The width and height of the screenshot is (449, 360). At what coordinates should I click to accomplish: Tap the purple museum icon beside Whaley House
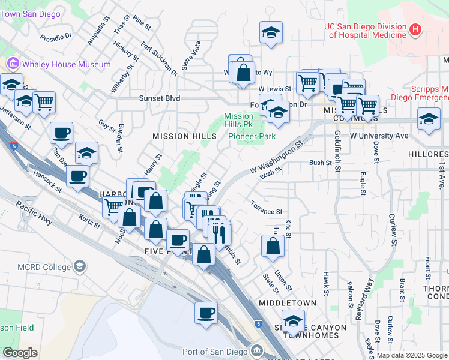(13, 64)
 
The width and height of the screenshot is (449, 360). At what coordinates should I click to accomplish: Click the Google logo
(20, 353)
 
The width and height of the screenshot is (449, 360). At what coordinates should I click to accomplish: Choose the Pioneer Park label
(252, 136)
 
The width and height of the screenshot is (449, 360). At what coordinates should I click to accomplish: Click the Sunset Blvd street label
(160, 98)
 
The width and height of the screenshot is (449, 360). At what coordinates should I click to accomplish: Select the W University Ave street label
(379, 136)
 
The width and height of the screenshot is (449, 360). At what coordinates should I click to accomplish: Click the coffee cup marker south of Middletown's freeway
(206, 313)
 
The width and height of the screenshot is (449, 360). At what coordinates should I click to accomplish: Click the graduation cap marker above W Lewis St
(271, 32)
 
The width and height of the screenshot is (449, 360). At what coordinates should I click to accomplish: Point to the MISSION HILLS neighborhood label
(184, 136)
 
